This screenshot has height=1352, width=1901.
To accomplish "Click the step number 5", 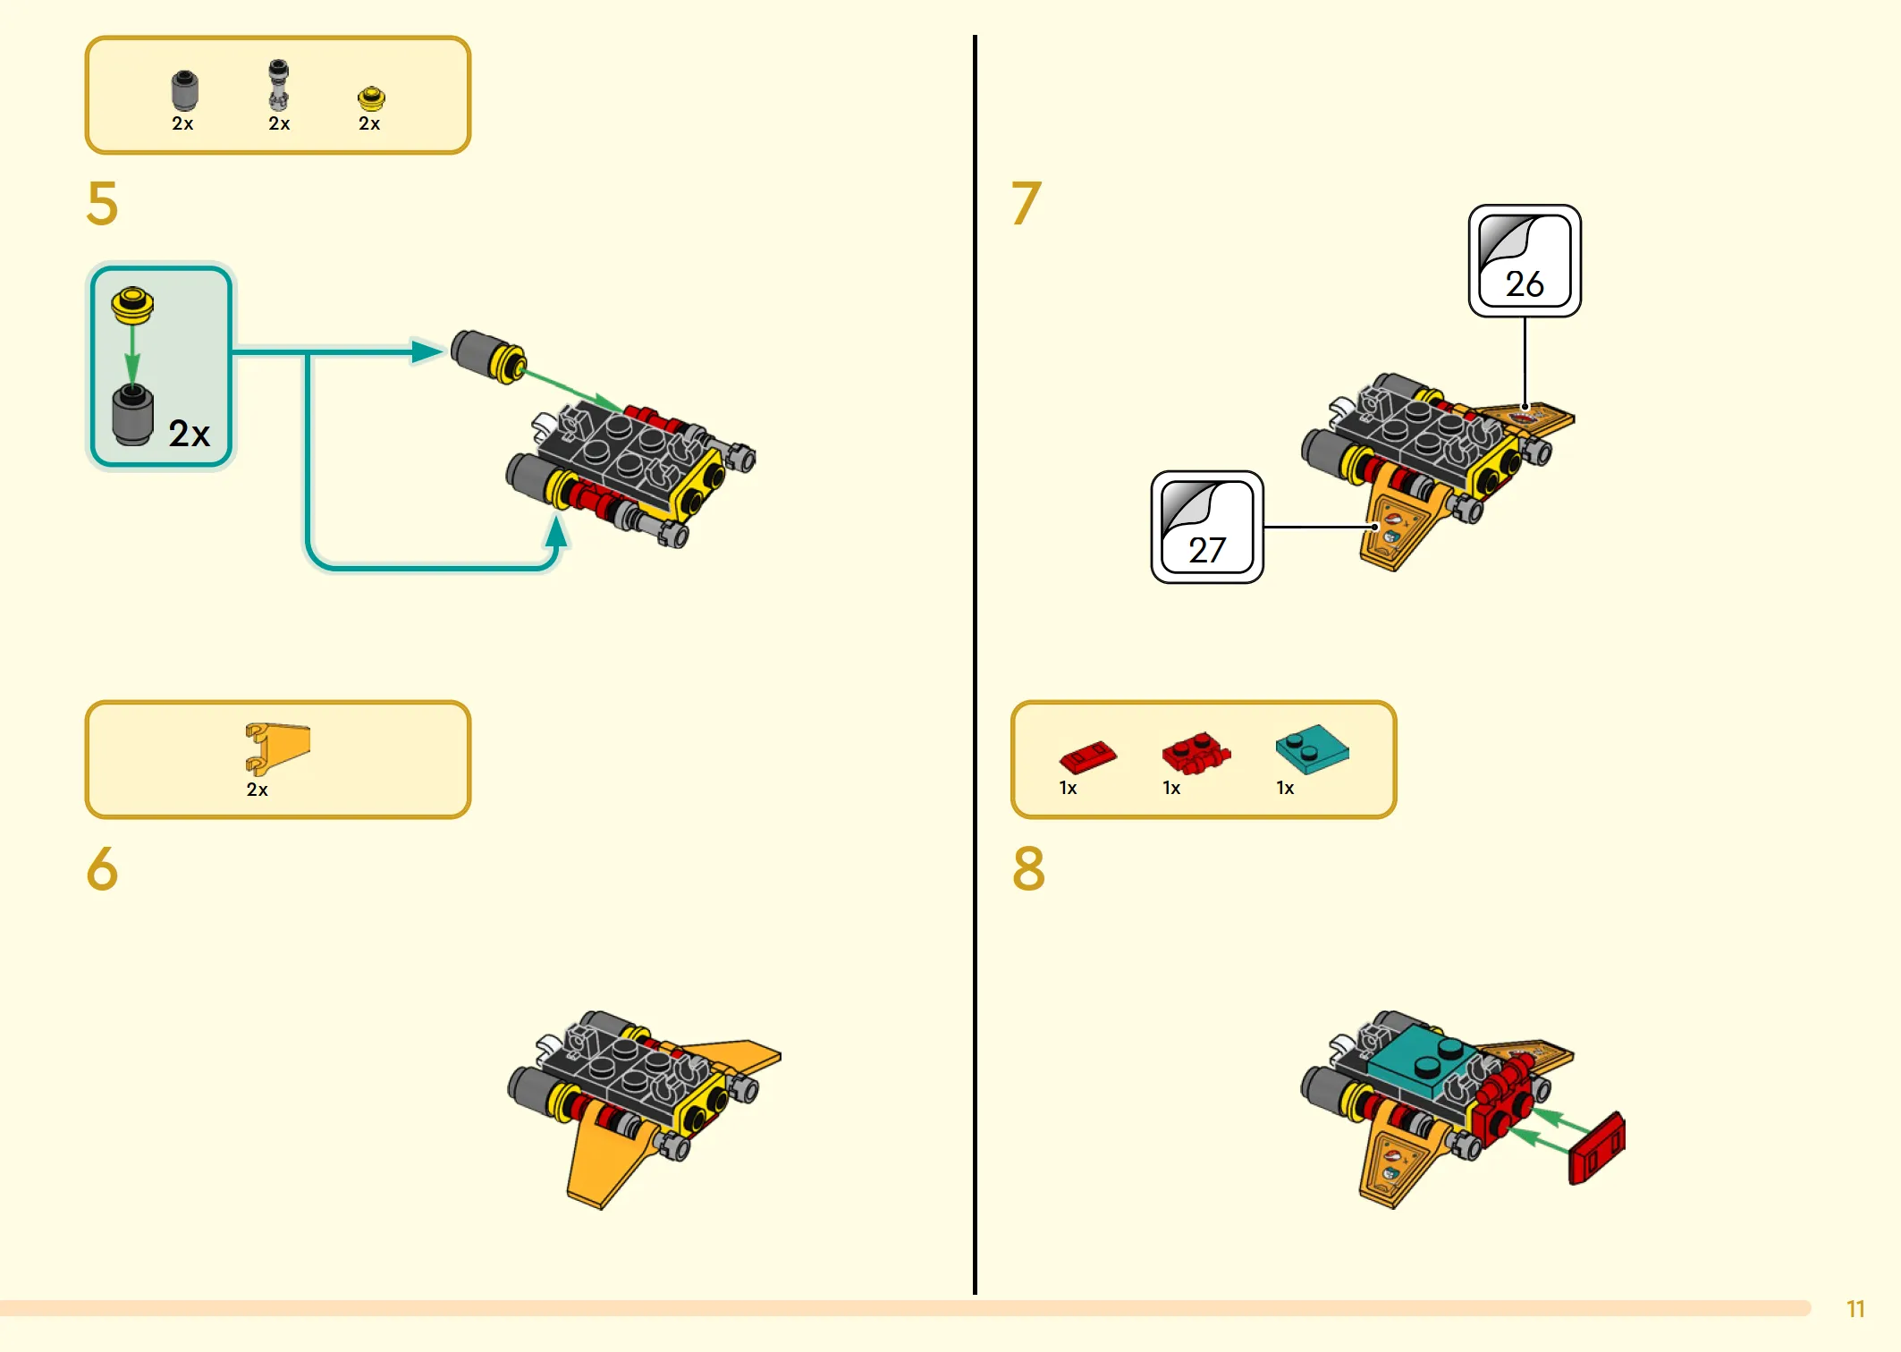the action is pyautogui.click(x=102, y=203).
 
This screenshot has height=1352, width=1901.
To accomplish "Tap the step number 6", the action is pyautogui.click(x=102, y=868).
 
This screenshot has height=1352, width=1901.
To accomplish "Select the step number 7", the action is pyautogui.click(x=1027, y=203).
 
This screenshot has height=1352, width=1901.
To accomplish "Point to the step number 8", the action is pyautogui.click(x=1028, y=868).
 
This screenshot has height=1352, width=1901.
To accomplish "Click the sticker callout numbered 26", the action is pyautogui.click(x=1525, y=260).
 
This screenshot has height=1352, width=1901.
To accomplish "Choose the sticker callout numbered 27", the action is pyautogui.click(x=1207, y=527).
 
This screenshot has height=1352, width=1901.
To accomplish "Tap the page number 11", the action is pyautogui.click(x=1855, y=1309).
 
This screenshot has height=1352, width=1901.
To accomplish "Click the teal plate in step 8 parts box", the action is pyautogui.click(x=1312, y=749).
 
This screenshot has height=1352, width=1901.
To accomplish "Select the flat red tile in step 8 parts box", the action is pyautogui.click(x=1087, y=756).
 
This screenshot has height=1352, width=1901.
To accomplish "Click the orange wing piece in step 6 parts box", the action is pyautogui.click(x=277, y=748).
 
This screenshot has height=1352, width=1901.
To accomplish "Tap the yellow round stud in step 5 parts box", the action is pyautogui.click(x=371, y=97).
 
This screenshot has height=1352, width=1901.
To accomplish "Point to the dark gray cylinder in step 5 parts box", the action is pyautogui.click(x=184, y=90).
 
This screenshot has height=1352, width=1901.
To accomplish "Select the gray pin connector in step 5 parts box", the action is pyautogui.click(x=279, y=85).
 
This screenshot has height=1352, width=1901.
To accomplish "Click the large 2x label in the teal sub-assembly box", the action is pyautogui.click(x=190, y=434).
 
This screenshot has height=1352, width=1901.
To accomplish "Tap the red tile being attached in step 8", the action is pyautogui.click(x=1597, y=1149).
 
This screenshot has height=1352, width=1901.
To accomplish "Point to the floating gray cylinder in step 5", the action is pyautogui.click(x=487, y=356).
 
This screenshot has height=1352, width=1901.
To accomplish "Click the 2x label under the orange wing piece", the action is pyautogui.click(x=257, y=790).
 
